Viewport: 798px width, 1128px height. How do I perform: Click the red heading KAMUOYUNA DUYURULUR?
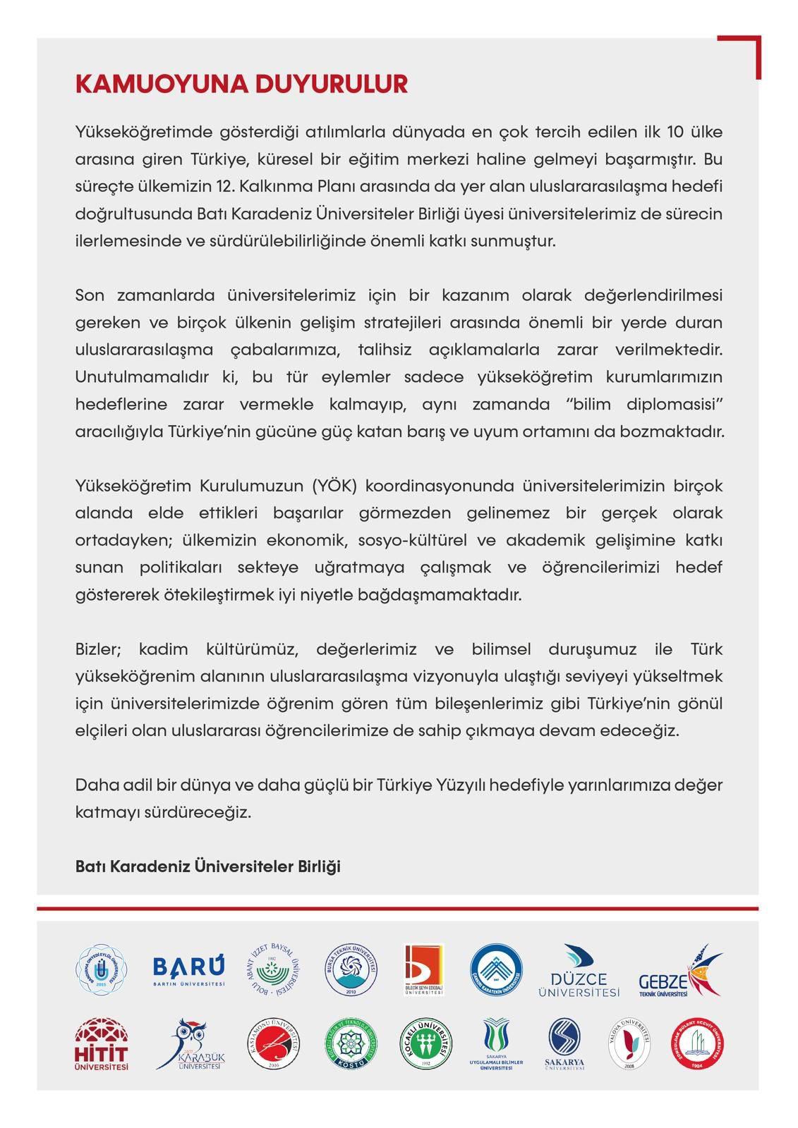pyautogui.click(x=241, y=84)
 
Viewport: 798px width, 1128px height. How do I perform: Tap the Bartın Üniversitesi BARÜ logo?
pyautogui.click(x=188, y=971)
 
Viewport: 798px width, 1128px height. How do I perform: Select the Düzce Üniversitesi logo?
pyautogui.click(x=579, y=971)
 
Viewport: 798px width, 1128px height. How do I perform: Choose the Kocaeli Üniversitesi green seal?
pyautogui.click(x=426, y=1044)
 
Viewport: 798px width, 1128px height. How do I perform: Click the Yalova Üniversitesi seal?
pyautogui.click(x=629, y=1044)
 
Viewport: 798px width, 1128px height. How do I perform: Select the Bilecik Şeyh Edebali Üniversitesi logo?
pyautogui.click(x=423, y=969)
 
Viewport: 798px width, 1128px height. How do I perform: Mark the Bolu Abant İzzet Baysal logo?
pyautogui.click(x=275, y=969)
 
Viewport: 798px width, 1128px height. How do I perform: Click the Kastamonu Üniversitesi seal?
pyautogui.click(x=274, y=1044)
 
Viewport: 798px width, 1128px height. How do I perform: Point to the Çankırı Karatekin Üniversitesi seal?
pyautogui.click(x=497, y=970)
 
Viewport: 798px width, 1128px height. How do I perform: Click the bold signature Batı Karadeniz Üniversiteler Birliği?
pyautogui.click(x=207, y=866)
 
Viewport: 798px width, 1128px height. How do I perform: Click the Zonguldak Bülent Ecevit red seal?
pyautogui.click(x=696, y=1044)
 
